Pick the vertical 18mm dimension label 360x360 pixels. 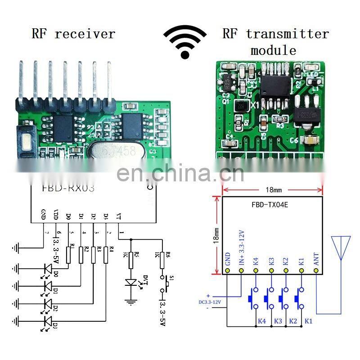[x=216, y=234]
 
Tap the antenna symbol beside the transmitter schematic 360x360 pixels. [x=341, y=247]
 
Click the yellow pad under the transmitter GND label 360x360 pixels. [x=228, y=271]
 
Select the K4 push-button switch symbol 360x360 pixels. [x=254, y=297]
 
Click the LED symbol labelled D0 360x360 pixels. [x=48, y=269]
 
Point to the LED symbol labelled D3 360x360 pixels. [x=48, y=320]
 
